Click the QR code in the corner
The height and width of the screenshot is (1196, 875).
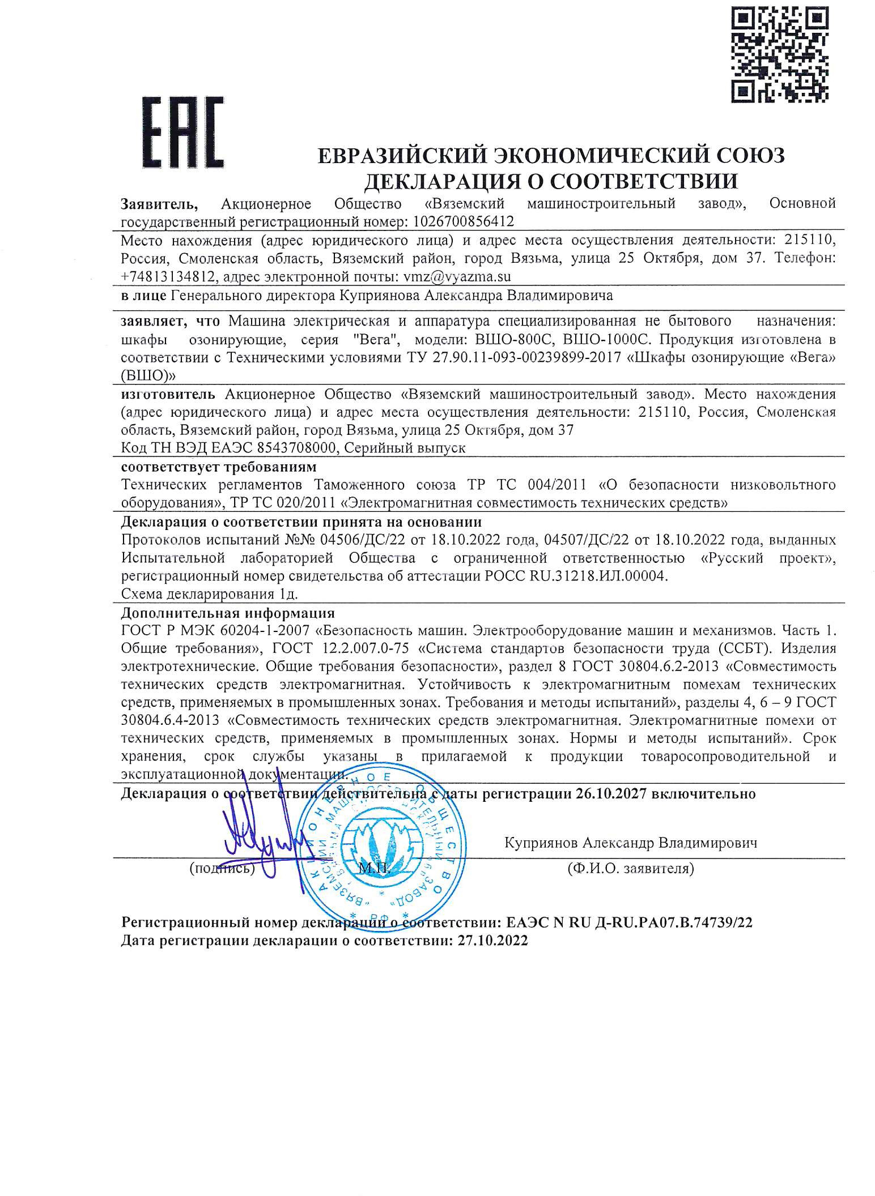point(779,54)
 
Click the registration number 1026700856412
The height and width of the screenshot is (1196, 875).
point(461,220)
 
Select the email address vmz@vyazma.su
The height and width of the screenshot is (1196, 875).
point(457,276)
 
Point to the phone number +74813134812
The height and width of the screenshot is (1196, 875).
point(168,276)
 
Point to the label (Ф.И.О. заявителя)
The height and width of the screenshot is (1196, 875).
point(630,868)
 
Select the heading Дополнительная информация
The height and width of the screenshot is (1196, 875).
point(228,613)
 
